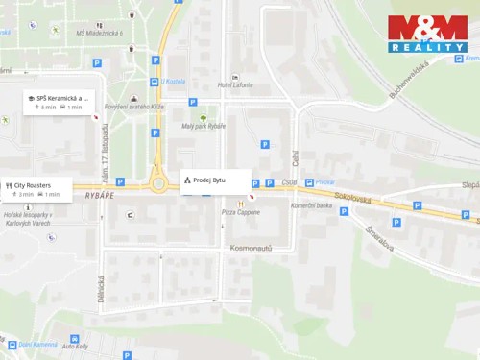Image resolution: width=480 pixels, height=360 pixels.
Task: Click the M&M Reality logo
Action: pos(427,35)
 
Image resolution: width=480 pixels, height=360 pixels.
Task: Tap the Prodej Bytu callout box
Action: pos(216,180)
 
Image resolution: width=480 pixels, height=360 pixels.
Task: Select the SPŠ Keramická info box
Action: pos(59,102)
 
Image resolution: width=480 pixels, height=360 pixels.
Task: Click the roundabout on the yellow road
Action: pos(159,182)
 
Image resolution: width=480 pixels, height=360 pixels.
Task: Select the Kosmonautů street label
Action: pos(252,248)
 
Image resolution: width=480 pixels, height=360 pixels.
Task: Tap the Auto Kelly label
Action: pos(75,346)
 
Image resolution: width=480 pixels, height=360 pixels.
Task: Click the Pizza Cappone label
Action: pos(240,211)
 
